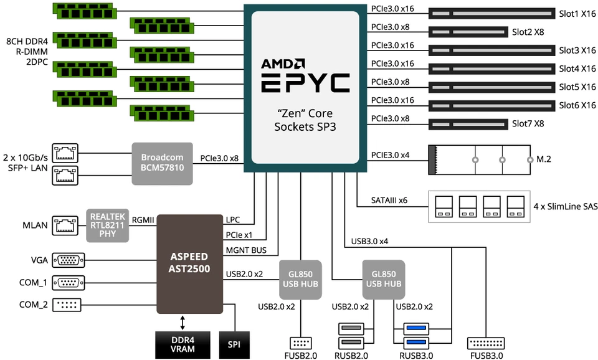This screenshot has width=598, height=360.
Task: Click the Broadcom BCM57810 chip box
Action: tap(163, 163)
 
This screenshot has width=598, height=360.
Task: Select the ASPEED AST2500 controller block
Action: tap(189, 263)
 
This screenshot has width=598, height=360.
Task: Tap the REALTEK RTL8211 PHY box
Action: tap(107, 224)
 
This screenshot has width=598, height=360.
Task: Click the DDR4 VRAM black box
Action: tap(183, 344)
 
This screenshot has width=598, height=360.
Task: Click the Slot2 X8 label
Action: tap(528, 31)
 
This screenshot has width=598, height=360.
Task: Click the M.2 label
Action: tap(544, 159)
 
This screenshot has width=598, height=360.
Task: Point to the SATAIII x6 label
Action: tap(390, 201)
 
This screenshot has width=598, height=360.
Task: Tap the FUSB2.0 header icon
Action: tap(301, 343)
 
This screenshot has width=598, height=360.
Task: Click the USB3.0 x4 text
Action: tap(370, 240)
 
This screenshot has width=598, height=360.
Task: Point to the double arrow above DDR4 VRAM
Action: tap(183, 322)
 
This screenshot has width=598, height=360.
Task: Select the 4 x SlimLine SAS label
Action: tap(565, 205)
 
